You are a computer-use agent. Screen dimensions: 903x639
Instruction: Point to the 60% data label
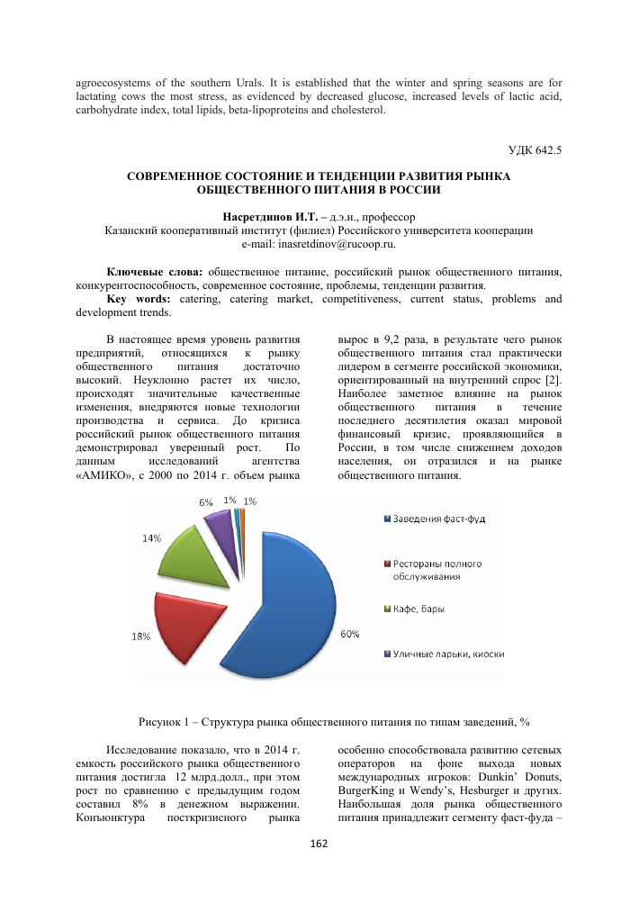point(349,634)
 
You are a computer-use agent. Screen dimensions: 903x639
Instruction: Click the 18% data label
point(140,637)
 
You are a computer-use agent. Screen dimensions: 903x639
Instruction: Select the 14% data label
point(150,538)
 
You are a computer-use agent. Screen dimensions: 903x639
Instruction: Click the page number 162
point(319,843)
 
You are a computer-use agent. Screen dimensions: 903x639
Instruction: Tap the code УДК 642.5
point(535,151)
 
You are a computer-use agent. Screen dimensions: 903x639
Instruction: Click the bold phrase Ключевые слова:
point(156,272)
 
